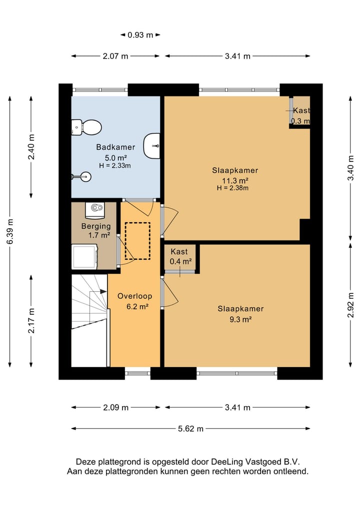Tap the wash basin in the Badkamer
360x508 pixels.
point(151,145)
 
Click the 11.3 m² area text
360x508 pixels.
point(235,181)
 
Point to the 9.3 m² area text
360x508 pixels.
point(240,319)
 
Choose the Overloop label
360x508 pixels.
point(134,296)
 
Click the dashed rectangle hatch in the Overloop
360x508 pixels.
point(137,241)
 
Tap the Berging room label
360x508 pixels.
point(96,226)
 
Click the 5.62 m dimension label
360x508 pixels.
point(190,429)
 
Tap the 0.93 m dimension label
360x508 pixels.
point(140,35)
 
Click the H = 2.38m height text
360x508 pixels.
point(233,188)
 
